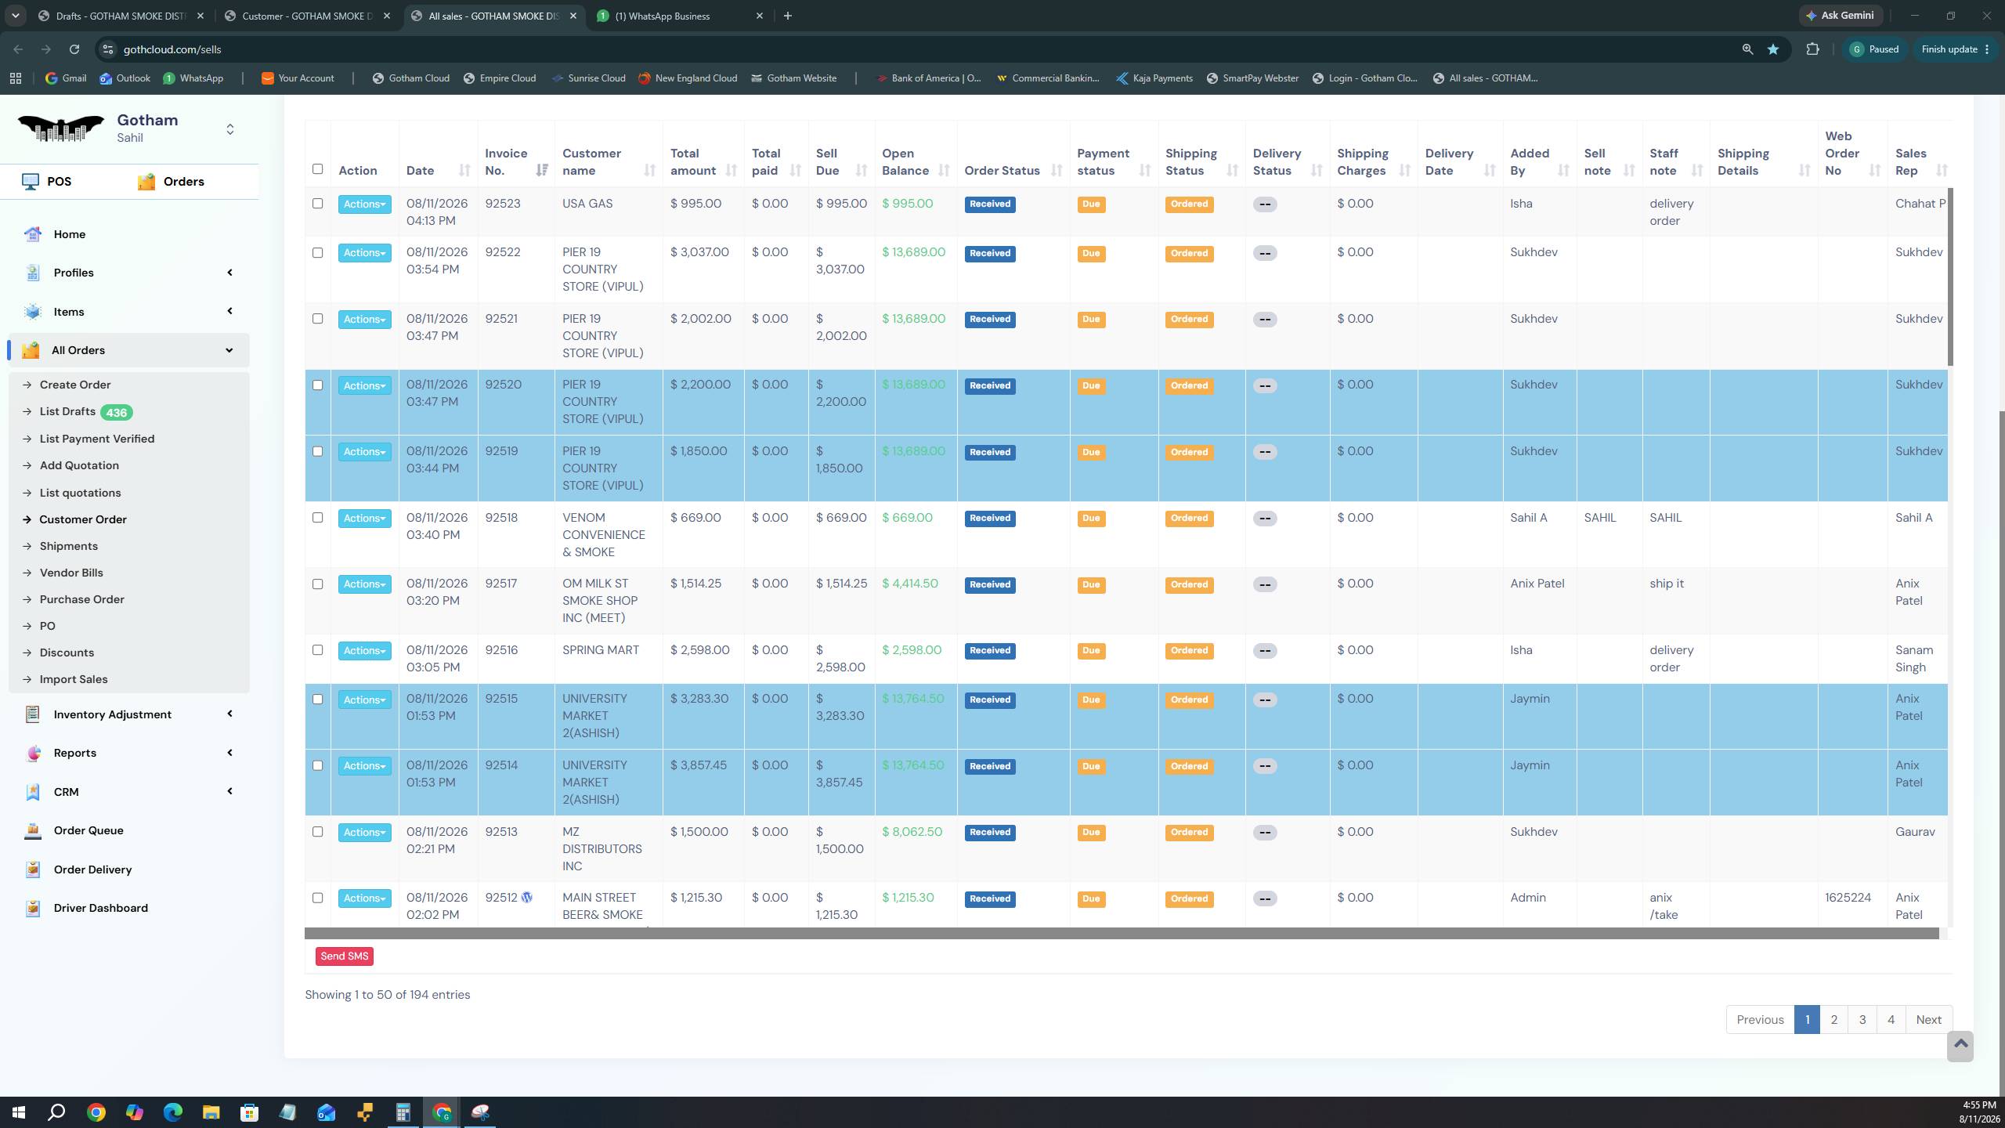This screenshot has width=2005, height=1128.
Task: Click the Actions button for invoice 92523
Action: pyautogui.click(x=364, y=204)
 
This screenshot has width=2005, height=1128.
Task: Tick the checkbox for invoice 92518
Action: pyautogui.click(x=317, y=518)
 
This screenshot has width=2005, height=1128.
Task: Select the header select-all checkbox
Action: pyautogui.click(x=317, y=169)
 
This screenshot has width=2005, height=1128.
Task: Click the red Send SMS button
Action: pyautogui.click(x=345, y=956)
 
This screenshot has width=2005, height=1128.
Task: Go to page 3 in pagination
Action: pyautogui.click(x=1862, y=1020)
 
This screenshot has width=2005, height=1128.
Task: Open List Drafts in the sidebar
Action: pyautogui.click(x=67, y=412)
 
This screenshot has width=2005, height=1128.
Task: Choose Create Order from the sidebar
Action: pyautogui.click(x=75, y=385)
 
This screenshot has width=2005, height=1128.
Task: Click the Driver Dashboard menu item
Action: pyautogui.click(x=100, y=908)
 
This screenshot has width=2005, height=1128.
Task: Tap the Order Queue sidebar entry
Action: pyautogui.click(x=89, y=830)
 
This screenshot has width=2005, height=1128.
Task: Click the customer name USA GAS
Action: pyautogui.click(x=587, y=204)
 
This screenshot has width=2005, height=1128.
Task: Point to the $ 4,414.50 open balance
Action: pyautogui.click(x=910, y=584)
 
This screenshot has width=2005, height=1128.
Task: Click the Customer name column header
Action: pyautogui.click(x=591, y=162)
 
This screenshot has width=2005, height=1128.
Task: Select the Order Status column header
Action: pyautogui.click(x=1002, y=171)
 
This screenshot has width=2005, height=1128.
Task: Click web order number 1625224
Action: pyautogui.click(x=1848, y=898)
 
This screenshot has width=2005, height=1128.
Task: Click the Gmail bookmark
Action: pyautogui.click(x=66, y=78)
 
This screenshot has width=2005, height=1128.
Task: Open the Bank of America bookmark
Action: pyautogui.click(x=928, y=78)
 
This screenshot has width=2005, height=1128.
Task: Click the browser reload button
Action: pyautogui.click(x=74, y=49)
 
